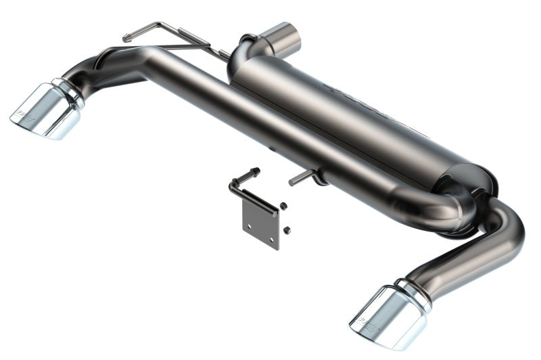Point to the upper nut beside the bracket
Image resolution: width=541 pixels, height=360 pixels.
284,205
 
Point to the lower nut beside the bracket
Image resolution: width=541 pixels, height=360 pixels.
287,230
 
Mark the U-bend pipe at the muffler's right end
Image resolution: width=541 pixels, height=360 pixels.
446,210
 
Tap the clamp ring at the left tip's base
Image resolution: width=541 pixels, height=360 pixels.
71,93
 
